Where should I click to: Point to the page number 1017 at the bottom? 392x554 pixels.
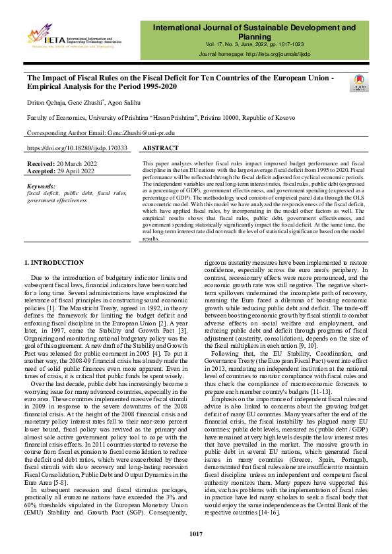[195, 533]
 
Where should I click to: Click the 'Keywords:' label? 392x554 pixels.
[42, 187]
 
